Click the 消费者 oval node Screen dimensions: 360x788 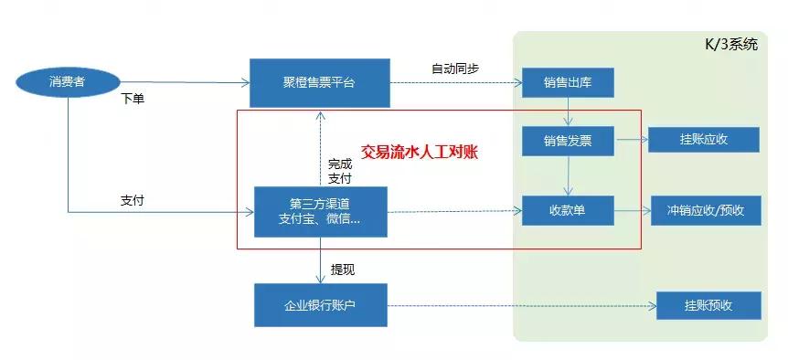[x=67, y=83]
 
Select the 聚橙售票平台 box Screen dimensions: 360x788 [x=319, y=83]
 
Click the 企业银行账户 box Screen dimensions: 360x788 [x=319, y=305]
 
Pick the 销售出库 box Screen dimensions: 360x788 [x=568, y=83]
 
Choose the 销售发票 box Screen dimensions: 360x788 [x=568, y=141]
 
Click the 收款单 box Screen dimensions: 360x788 [x=568, y=211]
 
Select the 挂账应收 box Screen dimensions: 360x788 [x=703, y=141]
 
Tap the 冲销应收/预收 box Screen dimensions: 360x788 [x=705, y=211]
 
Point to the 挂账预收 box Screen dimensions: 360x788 [x=708, y=305]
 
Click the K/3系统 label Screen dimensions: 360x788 [x=729, y=45]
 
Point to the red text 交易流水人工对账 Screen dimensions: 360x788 [x=420, y=152]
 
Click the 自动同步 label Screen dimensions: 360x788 [x=454, y=69]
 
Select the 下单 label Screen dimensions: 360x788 [x=133, y=98]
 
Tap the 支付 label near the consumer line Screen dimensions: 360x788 [x=132, y=199]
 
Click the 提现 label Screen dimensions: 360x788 [x=343, y=270]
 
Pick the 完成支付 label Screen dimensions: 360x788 [x=339, y=171]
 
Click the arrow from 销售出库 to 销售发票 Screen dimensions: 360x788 [x=568, y=112]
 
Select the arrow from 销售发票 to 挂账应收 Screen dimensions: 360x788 [x=631, y=141]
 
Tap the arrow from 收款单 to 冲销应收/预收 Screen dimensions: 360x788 [x=632, y=211]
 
